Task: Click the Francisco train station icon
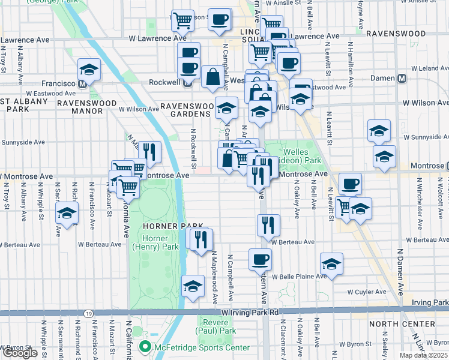click(x=82, y=84)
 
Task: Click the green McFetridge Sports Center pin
click(x=144, y=347)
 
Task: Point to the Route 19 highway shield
click(x=88, y=313)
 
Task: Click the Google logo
click(x=20, y=353)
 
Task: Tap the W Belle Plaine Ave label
click(x=297, y=277)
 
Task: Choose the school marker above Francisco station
click(x=89, y=70)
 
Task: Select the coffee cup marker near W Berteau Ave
click(x=260, y=259)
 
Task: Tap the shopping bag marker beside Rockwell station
click(x=212, y=77)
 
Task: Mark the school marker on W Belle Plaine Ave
click(x=331, y=263)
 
